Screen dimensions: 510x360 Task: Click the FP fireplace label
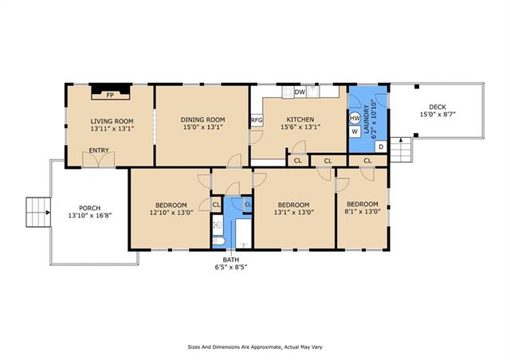click(x=110, y=96)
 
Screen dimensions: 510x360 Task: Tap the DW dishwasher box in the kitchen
click(x=300, y=92)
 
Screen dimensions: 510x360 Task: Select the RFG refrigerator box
click(x=257, y=120)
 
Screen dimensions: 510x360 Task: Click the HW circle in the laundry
click(x=355, y=119)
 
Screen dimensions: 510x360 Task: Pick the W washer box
click(x=355, y=131)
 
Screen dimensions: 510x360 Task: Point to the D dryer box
click(x=381, y=147)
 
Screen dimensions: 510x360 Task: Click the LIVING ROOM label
click(x=112, y=121)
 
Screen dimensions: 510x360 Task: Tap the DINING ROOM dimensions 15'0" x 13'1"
click(x=202, y=127)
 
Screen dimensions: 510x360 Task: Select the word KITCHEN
click(x=300, y=119)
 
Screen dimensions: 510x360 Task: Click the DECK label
click(x=437, y=107)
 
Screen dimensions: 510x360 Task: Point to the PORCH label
click(x=90, y=208)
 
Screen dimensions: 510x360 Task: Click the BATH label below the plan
click(x=231, y=260)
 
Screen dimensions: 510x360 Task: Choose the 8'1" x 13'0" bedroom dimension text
click(x=363, y=211)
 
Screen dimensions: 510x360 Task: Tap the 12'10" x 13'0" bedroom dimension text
click(x=171, y=213)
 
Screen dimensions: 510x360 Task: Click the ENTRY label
click(x=99, y=151)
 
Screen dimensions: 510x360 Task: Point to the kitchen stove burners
click(x=288, y=92)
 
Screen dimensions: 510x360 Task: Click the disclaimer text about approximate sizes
click(x=255, y=347)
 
